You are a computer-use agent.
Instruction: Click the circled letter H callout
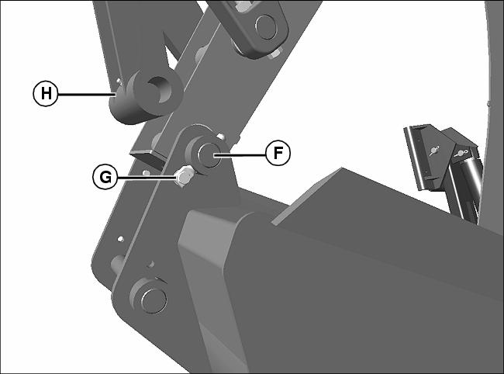(x=46, y=94)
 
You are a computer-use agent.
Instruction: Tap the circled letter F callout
(x=278, y=153)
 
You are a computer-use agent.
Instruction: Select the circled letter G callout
(x=105, y=177)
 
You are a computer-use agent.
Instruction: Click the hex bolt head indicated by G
(x=184, y=176)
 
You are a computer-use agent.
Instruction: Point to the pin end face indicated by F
(x=209, y=156)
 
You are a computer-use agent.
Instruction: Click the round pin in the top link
(x=266, y=27)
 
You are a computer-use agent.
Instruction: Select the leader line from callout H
(x=87, y=94)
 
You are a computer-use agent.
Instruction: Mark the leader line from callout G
(x=147, y=177)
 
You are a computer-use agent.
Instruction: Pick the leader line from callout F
(x=240, y=154)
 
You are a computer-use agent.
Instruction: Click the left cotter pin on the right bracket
(x=434, y=151)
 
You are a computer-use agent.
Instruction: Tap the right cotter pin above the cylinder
(x=461, y=153)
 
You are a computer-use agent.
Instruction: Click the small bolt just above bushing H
(x=119, y=80)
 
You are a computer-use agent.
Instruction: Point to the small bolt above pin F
(x=220, y=137)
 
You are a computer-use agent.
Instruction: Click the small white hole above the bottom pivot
(x=120, y=239)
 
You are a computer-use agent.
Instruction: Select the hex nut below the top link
(x=274, y=54)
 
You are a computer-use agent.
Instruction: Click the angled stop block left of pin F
(x=148, y=157)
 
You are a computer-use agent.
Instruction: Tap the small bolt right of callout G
(x=147, y=173)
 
